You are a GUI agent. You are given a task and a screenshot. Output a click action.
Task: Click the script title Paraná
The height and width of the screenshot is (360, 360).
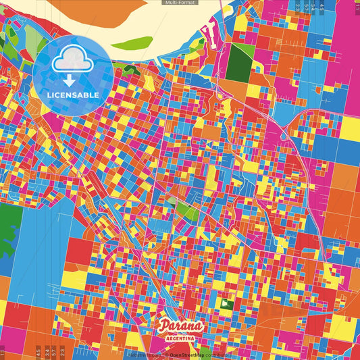click(x=180, y=326)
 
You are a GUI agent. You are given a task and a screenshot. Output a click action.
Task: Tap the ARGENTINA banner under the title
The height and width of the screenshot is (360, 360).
click(x=180, y=337)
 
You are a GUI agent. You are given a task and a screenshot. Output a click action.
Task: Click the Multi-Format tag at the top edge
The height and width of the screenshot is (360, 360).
click(x=180, y=3)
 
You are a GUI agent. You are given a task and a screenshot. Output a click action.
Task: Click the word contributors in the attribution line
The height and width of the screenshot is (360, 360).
click(x=219, y=354)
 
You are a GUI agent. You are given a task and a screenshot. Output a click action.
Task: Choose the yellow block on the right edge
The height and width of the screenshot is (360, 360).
click(x=349, y=130)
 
